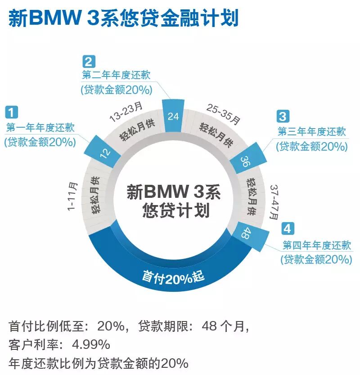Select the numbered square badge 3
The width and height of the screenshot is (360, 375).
(282, 116)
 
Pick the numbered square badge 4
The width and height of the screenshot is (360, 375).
(287, 229)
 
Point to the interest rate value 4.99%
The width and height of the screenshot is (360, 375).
(92, 345)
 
